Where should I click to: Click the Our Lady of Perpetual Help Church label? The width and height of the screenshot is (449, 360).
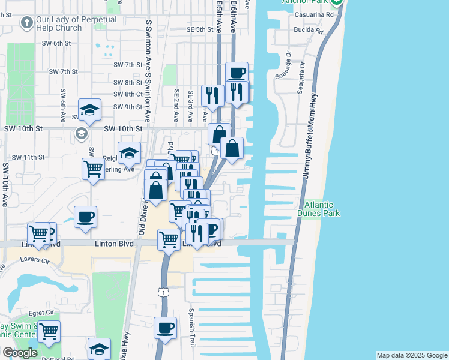click(x=76, y=23)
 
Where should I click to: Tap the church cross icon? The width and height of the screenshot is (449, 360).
click(x=26, y=23)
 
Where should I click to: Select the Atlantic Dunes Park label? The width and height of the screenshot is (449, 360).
click(x=318, y=208)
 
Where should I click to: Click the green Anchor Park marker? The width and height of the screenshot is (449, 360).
click(x=337, y=2)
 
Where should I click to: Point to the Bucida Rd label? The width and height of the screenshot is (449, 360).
click(x=309, y=30)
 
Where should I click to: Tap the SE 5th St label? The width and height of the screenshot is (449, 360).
click(x=200, y=29)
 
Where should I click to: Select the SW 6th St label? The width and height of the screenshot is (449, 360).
click(x=56, y=43)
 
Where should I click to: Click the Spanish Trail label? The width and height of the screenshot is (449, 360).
click(x=191, y=323)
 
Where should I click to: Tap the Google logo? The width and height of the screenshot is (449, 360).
click(x=20, y=353)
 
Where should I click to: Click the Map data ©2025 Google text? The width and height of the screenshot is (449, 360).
click(x=412, y=355)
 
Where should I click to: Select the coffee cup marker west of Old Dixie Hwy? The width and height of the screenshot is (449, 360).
click(x=85, y=217)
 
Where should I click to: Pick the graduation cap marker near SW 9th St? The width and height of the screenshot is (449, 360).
click(x=89, y=110)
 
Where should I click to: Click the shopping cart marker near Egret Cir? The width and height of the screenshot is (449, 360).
click(x=49, y=331)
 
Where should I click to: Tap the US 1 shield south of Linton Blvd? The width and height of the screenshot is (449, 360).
click(x=163, y=292)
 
